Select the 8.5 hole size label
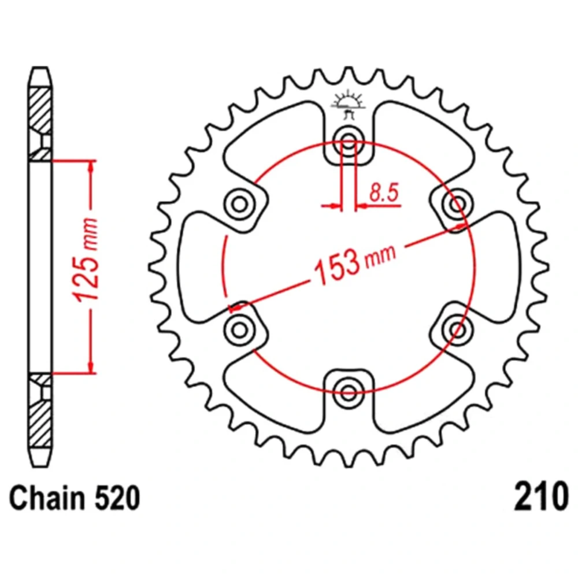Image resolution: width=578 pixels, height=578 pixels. [384, 192]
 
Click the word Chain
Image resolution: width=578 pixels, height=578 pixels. [47, 498]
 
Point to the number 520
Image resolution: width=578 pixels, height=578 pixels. [117, 498]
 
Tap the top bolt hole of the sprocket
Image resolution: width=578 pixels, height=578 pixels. [349, 140]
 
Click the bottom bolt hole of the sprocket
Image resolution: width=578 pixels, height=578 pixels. [349, 391]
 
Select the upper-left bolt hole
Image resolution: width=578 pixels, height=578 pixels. [240, 203]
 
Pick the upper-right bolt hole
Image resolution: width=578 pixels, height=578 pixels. [457, 203]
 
